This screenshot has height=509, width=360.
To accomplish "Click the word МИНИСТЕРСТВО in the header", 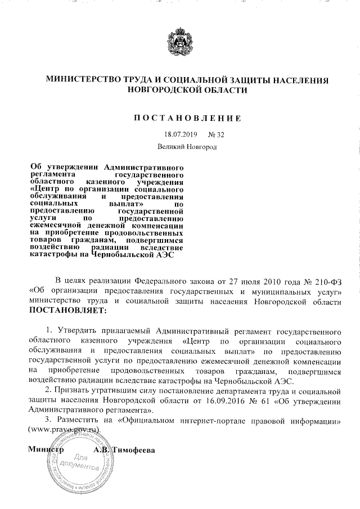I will pos(83,80).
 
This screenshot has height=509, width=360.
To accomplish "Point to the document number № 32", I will pos(216,135).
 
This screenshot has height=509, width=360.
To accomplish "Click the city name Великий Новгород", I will pos(187,147).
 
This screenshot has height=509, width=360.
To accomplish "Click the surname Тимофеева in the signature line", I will pos(134,451).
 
